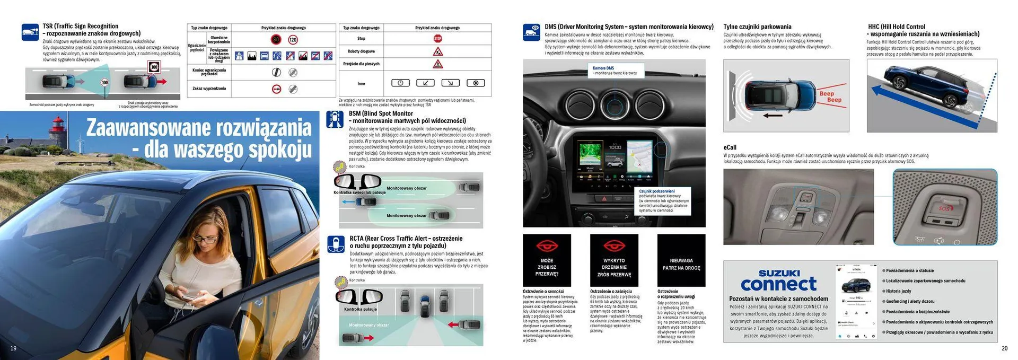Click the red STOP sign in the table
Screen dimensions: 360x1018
pos(437,39)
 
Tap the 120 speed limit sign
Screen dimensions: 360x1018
pos(293,40)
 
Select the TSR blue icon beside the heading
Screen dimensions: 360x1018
pos(30,32)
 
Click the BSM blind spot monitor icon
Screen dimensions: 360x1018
pos(335,120)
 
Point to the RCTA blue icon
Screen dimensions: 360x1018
pos(336,244)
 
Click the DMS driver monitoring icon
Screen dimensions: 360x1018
pos(531,32)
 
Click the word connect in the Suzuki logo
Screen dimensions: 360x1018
pos(778,285)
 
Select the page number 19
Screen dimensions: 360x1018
pos(14,348)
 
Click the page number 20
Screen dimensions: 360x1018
pos(1004,348)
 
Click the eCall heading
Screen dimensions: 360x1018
pos(730,147)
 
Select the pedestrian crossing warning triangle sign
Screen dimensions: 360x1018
pos(437,64)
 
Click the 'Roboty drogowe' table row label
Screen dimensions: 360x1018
pos(361,51)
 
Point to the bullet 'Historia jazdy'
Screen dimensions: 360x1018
pos(899,291)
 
